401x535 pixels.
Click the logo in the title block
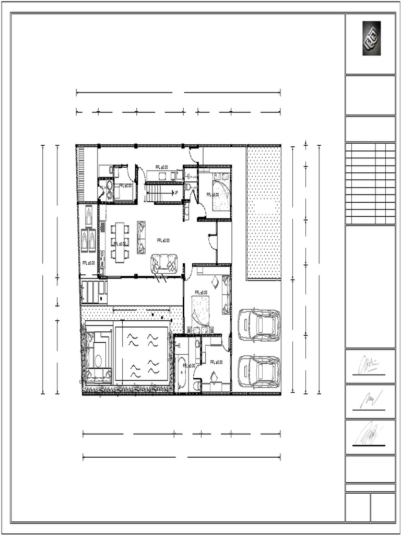371,38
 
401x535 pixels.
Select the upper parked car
259,324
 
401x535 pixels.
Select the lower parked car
259,371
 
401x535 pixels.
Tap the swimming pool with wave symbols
143,355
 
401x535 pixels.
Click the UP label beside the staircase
176,192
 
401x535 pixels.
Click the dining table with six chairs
120,242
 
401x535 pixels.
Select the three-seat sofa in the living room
164,263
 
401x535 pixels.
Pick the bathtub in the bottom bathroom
182,372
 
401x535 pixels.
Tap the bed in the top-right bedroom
221,194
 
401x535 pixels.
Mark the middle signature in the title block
369,401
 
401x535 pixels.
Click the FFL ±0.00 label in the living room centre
163,240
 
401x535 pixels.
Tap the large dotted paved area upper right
264,212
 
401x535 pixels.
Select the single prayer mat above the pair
88,215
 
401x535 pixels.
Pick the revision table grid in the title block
370,183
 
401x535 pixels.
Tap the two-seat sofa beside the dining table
141,237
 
